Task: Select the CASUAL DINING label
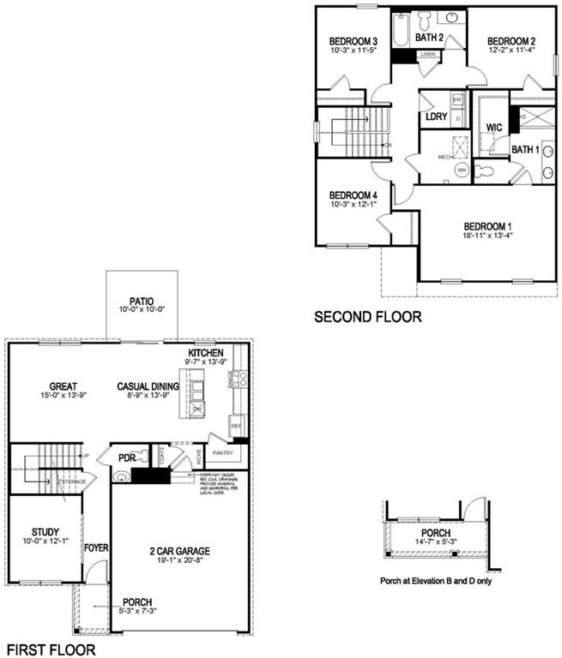148,386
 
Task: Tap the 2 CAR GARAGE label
178,551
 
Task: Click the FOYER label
95,546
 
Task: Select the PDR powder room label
126,458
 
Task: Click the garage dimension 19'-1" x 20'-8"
178,562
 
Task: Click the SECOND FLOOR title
367,317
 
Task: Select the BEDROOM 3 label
353,41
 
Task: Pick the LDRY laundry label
436,117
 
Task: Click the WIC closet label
493,128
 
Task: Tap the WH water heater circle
462,170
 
